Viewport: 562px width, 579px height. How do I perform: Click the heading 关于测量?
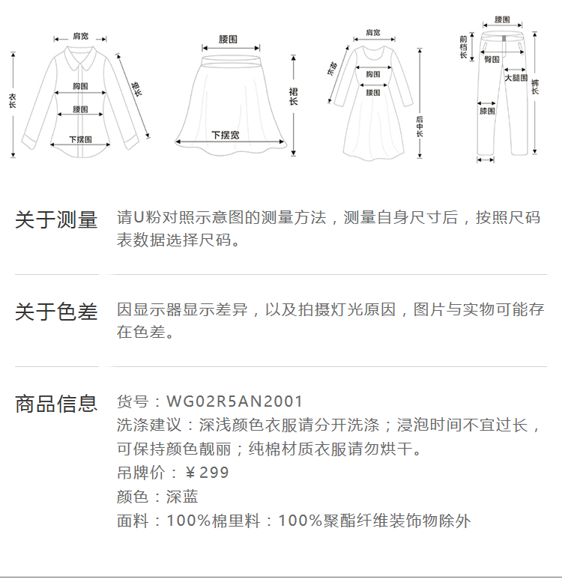[56, 220]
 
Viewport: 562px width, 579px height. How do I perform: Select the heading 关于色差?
[56, 312]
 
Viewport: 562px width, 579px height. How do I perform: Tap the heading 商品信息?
[56, 404]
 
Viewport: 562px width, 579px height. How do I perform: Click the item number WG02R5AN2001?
[235, 402]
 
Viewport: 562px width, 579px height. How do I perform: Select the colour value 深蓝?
[182, 497]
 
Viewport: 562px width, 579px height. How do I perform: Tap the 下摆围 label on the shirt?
[80, 139]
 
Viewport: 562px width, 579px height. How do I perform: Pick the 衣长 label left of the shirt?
[12, 100]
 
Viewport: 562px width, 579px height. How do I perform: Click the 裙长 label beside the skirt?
[293, 96]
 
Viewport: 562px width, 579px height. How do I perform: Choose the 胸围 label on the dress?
[373, 74]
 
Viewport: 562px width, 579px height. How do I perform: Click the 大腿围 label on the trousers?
[516, 77]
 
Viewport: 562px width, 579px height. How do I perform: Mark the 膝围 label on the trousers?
[487, 112]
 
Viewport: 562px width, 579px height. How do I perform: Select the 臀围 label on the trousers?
[492, 58]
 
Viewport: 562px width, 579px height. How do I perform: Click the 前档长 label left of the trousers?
[464, 46]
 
